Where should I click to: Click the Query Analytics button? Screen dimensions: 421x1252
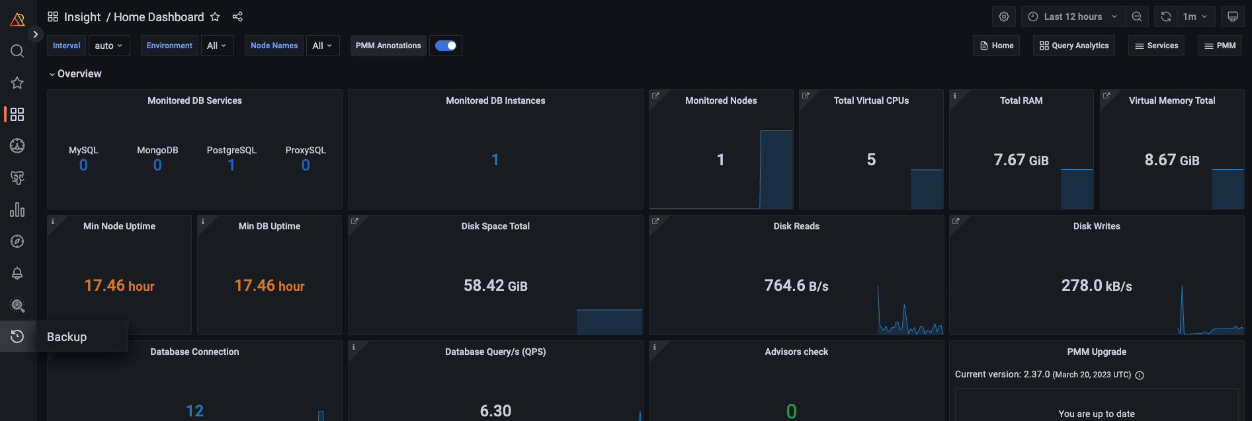tap(1074, 46)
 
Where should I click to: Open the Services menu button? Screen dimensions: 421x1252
tap(1156, 46)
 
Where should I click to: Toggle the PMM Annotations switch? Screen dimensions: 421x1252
tap(446, 46)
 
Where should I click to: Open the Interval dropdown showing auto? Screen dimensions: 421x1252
tap(108, 46)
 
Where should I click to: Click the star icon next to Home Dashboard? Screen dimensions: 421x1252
tap(215, 17)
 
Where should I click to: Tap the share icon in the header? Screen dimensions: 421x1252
tap(237, 17)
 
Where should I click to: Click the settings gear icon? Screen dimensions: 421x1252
tap(1004, 17)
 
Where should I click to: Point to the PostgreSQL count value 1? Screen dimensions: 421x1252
tap(231, 165)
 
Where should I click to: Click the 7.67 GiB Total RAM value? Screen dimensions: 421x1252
tap(1021, 160)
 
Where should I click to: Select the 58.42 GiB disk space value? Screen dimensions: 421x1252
tap(495, 286)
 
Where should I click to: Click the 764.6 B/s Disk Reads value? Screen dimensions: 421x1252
tap(796, 286)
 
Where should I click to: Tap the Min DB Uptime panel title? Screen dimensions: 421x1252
tap(269, 226)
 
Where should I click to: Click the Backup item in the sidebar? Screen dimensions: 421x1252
tap(67, 337)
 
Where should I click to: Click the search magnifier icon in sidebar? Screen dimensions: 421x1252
tap(17, 51)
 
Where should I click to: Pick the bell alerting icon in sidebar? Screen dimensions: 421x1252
tap(17, 273)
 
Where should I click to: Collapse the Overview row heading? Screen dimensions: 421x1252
tap(75, 74)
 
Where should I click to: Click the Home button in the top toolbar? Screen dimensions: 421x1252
tap(997, 46)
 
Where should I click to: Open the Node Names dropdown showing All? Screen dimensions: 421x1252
tap(322, 46)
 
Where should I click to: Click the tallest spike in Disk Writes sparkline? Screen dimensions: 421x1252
tap(1182, 291)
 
